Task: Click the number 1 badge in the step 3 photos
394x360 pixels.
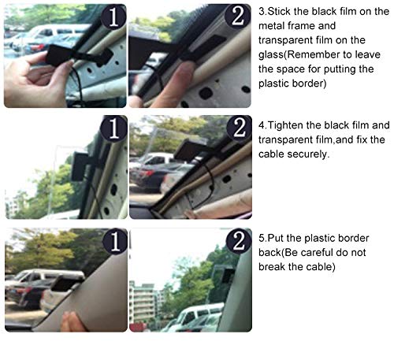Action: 113,17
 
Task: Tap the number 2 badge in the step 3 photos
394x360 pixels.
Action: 238,17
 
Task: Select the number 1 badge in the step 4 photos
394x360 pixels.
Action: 114,128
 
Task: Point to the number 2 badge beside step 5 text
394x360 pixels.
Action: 239,241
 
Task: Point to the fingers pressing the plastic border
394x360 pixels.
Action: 75,321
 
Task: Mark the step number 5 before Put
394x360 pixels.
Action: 262,239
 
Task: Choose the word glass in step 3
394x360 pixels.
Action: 271,55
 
